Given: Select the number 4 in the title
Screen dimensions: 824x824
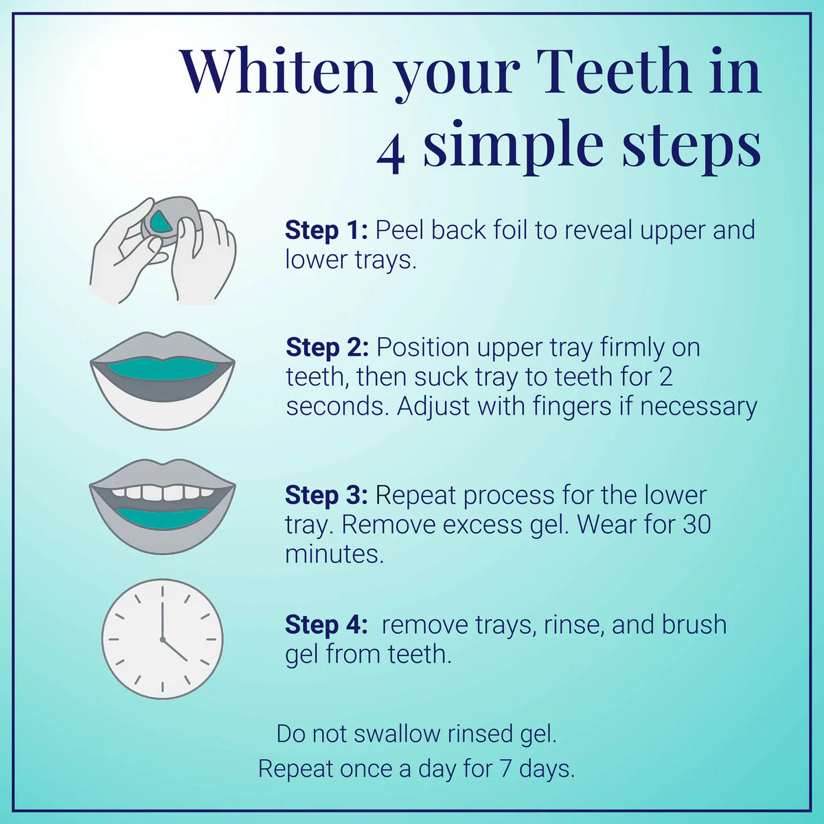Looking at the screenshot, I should [391, 152].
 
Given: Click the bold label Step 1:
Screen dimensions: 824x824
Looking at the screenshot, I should [327, 230].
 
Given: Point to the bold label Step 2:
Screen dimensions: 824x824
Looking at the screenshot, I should [328, 347].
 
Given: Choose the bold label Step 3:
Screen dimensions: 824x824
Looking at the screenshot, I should [327, 495].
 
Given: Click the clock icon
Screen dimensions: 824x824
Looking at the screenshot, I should [163, 639].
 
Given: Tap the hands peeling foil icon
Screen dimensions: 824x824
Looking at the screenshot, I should [163, 251].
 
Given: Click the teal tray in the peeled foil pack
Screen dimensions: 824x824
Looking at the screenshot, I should [162, 221].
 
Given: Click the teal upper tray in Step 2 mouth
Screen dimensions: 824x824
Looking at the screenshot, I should [163, 369].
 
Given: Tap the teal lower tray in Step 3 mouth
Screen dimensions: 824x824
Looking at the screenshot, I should [163, 517].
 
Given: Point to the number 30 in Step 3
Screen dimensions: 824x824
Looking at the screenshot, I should [696, 525].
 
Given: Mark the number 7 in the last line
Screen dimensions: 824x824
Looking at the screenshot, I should [505, 768].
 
